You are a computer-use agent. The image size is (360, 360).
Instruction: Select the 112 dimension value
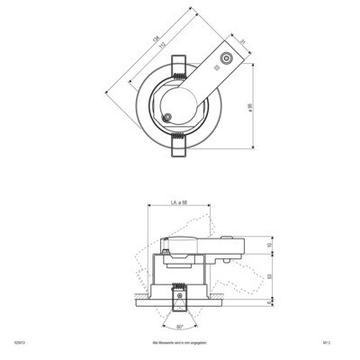161,45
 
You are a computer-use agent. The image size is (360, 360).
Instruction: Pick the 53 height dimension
270,278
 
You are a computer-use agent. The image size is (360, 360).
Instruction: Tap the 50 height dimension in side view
270,245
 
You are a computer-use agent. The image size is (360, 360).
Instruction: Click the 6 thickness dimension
270,303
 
